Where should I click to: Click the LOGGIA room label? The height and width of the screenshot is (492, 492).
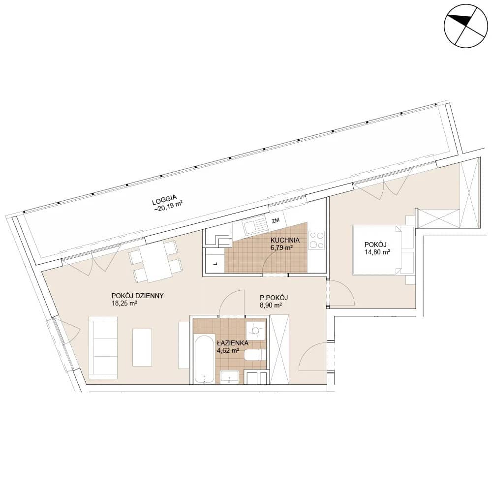pos(164,200)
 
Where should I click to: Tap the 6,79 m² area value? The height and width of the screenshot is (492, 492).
pos(282,247)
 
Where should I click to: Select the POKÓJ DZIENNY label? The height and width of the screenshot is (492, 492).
pos(137,296)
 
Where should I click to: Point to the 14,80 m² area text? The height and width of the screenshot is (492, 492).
pos(377,251)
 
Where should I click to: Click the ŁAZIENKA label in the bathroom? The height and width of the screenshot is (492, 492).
pos(233,343)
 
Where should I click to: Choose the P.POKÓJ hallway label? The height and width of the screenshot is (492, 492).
pos(274,298)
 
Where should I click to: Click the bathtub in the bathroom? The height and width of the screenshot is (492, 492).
pos(204,359)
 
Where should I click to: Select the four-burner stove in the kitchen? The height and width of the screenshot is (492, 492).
pos(316,240)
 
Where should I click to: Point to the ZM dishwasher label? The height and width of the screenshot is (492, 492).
pos(276,220)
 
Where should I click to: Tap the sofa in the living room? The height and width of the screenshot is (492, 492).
pos(103,347)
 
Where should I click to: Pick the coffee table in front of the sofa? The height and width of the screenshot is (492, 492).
pos(142,347)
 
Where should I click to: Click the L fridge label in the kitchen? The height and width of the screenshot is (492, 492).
pos(215,264)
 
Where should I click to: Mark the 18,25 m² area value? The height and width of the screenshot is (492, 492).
pos(124,304)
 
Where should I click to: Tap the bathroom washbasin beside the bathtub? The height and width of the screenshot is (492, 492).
pos(229,377)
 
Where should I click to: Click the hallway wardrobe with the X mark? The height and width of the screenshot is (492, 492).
pos(279,349)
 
